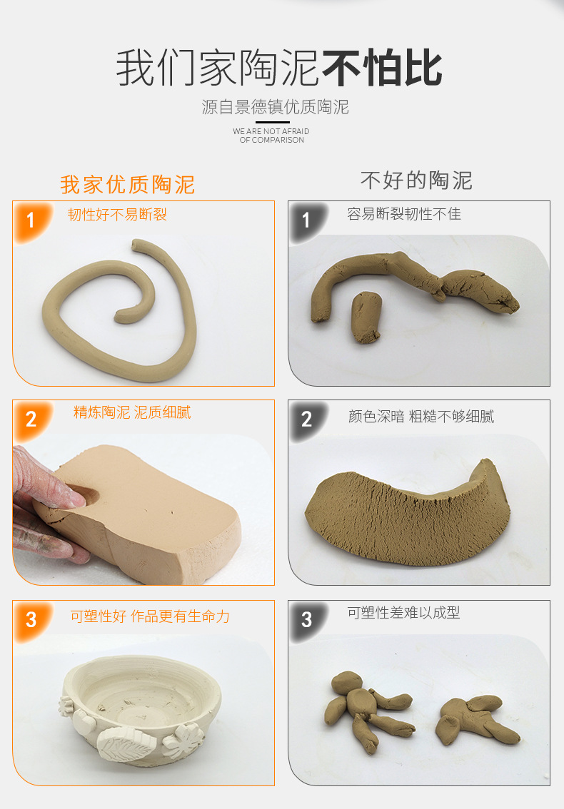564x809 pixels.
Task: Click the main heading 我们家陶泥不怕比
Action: coord(279,68)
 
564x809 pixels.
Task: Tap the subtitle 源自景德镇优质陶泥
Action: coord(275,108)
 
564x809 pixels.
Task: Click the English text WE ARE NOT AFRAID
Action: coord(271,131)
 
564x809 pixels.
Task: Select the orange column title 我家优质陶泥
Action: coord(127,185)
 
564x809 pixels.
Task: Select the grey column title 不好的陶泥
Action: coord(416,180)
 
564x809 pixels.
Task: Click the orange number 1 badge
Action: coord(30,220)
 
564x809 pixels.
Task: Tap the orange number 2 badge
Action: coord(30,419)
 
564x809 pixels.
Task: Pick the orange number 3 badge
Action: coord(30,619)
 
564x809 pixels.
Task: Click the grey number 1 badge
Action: coord(306,220)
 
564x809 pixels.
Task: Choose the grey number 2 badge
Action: coord(306,419)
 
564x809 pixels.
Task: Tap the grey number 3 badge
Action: coord(306,619)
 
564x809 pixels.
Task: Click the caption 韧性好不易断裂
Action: coord(117,215)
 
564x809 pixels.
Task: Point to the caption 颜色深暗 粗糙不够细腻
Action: coord(421,417)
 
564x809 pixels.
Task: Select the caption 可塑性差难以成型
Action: coord(403,613)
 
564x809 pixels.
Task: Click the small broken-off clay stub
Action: coord(367,318)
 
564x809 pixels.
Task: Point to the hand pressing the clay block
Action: coord(39,499)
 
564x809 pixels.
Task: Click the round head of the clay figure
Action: coord(348,683)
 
